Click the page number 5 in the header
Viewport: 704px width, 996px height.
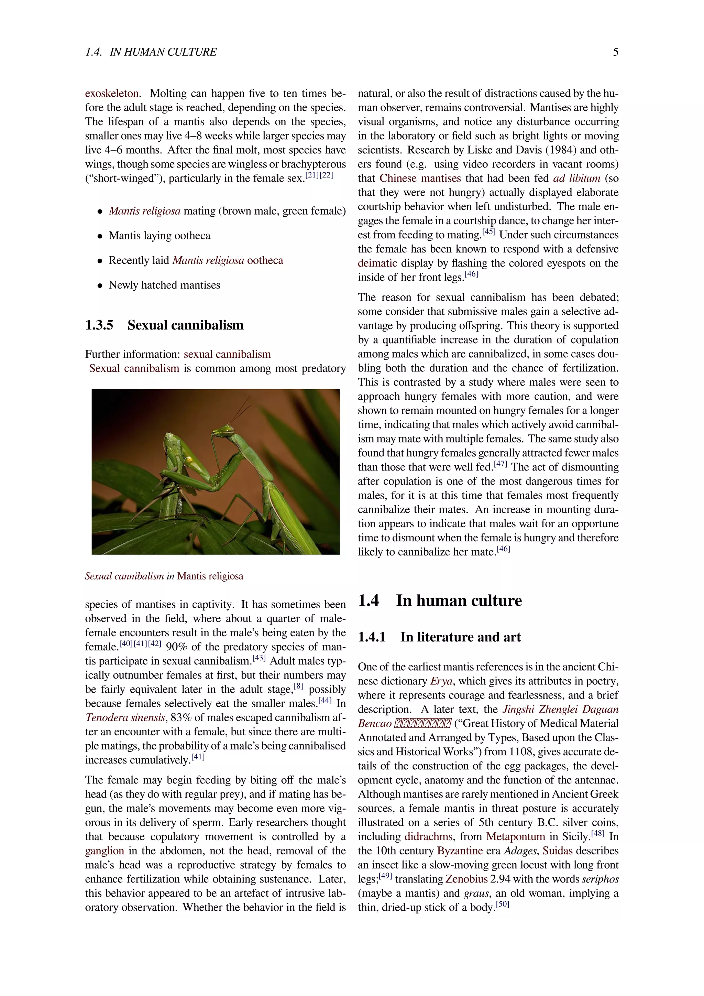coord(615,52)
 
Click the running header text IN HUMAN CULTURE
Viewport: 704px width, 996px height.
coord(163,52)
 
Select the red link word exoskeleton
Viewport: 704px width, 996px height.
coord(112,93)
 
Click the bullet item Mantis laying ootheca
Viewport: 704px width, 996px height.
coord(159,236)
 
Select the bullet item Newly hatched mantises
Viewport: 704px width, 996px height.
coord(164,285)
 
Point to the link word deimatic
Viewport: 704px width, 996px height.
coord(377,263)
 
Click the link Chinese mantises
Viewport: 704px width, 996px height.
coord(420,178)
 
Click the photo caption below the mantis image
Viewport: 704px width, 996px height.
coord(164,576)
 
